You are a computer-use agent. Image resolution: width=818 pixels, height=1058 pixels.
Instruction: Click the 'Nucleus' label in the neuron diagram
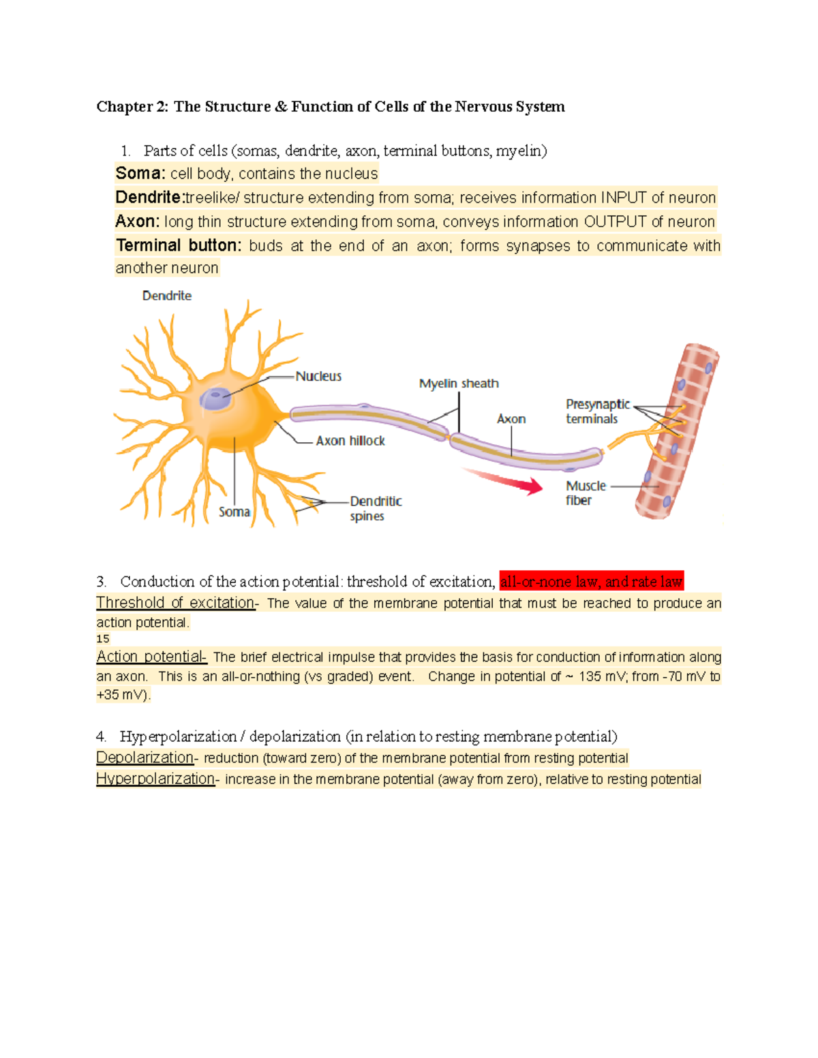tap(318, 376)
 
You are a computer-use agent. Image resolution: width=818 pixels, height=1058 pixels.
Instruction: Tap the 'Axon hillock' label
tap(350, 441)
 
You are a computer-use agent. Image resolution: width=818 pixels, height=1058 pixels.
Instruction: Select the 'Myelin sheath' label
tap(459, 384)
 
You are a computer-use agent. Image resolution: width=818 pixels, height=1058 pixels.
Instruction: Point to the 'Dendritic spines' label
tap(375, 508)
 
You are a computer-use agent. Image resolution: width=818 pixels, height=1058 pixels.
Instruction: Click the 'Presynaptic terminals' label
tap(597, 411)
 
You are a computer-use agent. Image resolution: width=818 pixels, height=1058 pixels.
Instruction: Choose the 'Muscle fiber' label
tap(585, 493)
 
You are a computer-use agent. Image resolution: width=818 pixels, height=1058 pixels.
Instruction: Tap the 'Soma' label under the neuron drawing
tap(234, 512)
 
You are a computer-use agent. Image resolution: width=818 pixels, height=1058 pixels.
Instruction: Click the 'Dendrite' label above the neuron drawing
tap(167, 296)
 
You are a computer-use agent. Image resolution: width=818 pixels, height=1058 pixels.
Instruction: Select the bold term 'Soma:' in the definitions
tap(140, 174)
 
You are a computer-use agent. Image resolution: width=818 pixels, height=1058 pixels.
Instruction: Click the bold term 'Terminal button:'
tap(179, 245)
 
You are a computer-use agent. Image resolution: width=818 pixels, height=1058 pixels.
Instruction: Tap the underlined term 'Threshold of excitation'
tap(175, 603)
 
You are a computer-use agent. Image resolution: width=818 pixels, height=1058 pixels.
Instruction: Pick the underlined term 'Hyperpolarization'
tap(155, 779)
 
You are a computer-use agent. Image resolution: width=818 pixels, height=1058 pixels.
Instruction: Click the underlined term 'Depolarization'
tap(145, 758)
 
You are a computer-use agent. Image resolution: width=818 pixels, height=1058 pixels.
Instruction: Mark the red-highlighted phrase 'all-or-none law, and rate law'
tap(591, 582)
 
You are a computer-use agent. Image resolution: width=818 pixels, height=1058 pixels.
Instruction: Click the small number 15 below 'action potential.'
tap(103, 639)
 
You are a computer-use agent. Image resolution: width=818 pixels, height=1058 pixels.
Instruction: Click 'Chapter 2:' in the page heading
tap(132, 106)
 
